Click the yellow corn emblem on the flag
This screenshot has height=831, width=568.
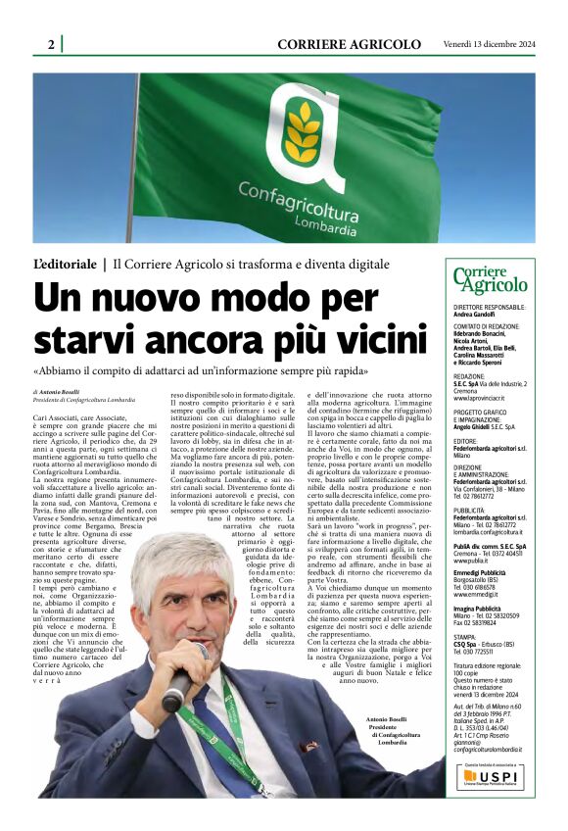304,132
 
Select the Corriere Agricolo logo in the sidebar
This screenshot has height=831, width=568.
491,281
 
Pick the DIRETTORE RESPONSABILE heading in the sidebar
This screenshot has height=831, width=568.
489,307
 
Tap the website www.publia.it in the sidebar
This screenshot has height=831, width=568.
473,561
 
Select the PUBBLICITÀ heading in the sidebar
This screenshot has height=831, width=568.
472,511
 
